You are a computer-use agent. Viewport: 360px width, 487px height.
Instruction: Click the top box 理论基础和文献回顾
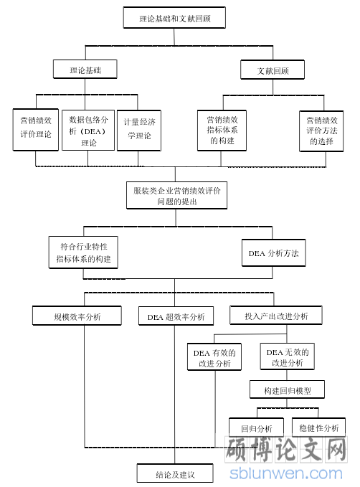(174, 18)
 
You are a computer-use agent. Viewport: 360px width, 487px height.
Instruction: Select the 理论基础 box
(85, 70)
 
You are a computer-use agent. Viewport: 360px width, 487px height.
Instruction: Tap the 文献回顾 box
(273, 70)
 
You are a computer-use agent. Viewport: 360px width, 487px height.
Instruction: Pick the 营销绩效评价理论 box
(36, 130)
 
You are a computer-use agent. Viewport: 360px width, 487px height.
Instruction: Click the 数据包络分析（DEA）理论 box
(88, 130)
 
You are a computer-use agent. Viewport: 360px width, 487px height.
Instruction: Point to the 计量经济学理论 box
(139, 131)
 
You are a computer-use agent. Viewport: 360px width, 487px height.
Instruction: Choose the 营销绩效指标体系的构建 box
(222, 131)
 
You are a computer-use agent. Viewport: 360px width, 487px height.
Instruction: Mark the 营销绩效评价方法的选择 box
(321, 131)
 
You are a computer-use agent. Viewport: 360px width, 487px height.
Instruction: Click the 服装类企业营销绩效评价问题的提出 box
(176, 195)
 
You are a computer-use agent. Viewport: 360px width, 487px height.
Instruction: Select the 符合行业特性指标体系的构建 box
(83, 252)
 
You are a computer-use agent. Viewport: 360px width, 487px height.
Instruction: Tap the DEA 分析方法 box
(274, 252)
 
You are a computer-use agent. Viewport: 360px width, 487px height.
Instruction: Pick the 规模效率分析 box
(77, 316)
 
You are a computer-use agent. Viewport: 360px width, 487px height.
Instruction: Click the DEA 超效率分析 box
(176, 316)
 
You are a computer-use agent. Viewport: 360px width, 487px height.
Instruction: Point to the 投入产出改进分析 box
(276, 316)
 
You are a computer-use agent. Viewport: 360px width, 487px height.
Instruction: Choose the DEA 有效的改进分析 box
(214, 357)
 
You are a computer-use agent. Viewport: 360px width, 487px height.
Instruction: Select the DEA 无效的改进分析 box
(288, 356)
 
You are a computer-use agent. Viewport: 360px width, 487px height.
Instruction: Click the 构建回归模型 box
(287, 389)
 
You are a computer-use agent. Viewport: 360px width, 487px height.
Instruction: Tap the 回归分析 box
(256, 427)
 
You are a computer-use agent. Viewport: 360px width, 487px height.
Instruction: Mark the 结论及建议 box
(175, 473)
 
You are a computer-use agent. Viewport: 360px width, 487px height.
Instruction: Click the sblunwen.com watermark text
(286, 473)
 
